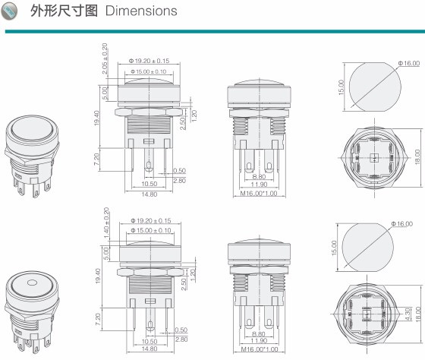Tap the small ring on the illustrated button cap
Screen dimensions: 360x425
[x=31, y=286]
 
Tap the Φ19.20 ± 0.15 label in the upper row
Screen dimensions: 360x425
[x=150, y=61]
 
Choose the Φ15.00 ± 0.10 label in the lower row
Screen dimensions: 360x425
[x=150, y=231]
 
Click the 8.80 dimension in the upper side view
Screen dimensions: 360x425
[x=259, y=176]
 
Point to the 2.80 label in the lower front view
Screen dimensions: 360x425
[x=181, y=339]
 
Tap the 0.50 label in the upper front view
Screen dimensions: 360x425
[x=180, y=171]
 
